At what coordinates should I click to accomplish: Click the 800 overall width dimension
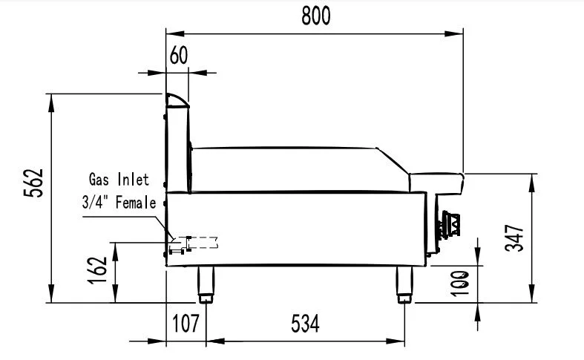pos(316,16)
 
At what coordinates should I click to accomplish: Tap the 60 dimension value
pos(179,56)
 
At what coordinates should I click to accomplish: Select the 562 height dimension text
pos(33,183)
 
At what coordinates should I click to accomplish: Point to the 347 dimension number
pos(514,238)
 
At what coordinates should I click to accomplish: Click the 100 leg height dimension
pos(460,284)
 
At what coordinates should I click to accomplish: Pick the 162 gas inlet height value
pos(98,270)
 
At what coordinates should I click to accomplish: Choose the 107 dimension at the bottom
pos(186,323)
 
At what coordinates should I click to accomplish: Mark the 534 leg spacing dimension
pos(306,323)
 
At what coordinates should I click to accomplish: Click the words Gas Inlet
pos(119,179)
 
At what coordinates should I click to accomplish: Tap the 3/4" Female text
pos(119,203)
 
